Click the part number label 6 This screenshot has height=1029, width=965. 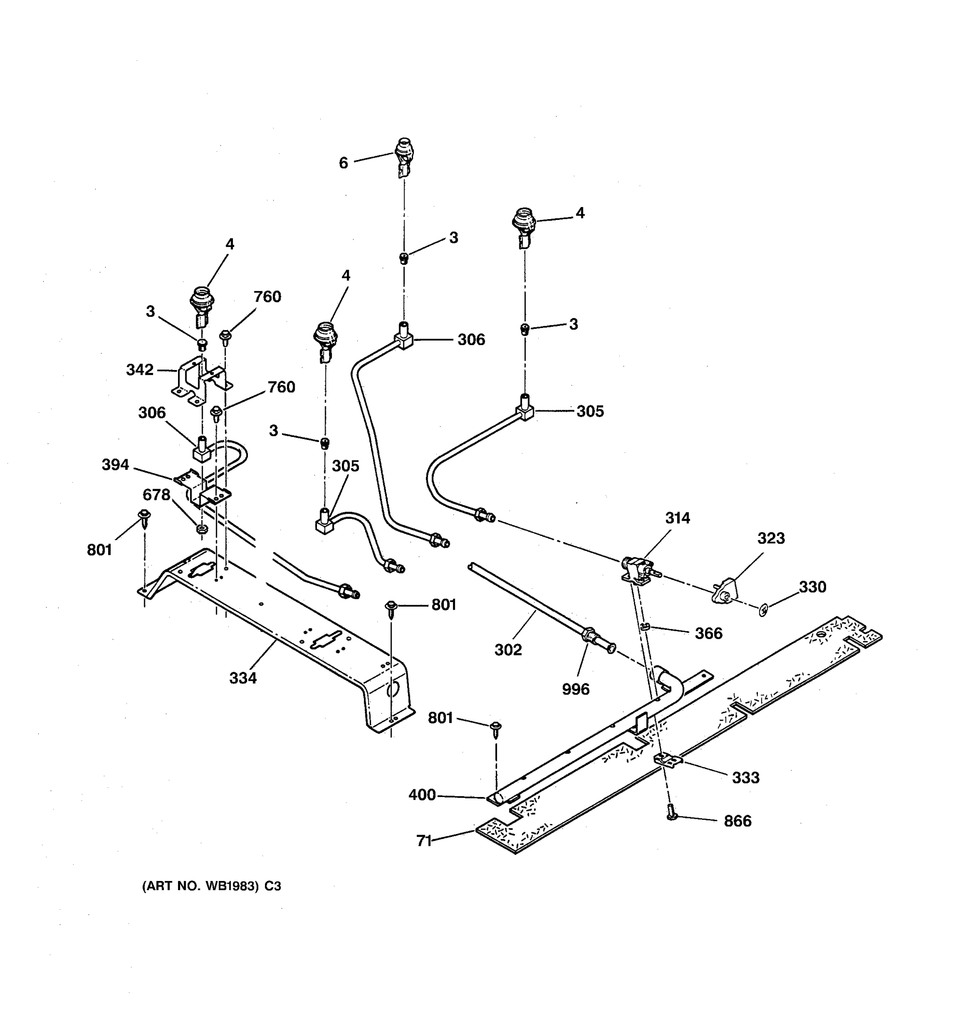(x=343, y=163)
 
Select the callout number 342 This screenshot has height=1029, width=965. (x=140, y=370)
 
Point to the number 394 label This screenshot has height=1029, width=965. (x=115, y=465)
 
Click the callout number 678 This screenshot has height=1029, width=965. (x=157, y=495)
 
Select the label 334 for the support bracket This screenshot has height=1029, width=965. (x=243, y=677)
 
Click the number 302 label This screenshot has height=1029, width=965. (x=508, y=650)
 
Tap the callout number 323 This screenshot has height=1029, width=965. (x=771, y=539)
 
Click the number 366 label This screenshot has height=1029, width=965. (x=708, y=634)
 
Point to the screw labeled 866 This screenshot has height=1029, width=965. (x=672, y=814)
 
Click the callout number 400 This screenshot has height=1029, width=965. (x=422, y=794)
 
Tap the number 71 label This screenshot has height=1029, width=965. (x=424, y=841)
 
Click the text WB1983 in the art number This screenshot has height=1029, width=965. (x=232, y=886)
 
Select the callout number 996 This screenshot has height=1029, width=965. (x=576, y=689)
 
